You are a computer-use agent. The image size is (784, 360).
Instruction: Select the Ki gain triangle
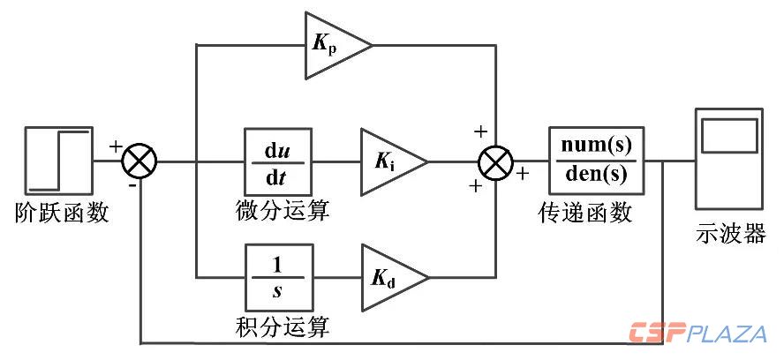click(388, 162)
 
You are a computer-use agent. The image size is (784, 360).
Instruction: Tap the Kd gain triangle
click(388, 280)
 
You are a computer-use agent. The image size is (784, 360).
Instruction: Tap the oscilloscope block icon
click(728, 162)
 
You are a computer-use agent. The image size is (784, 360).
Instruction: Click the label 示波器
click(729, 235)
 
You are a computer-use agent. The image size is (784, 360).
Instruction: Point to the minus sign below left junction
click(132, 187)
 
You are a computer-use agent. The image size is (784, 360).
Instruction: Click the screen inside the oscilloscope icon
click(728, 136)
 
